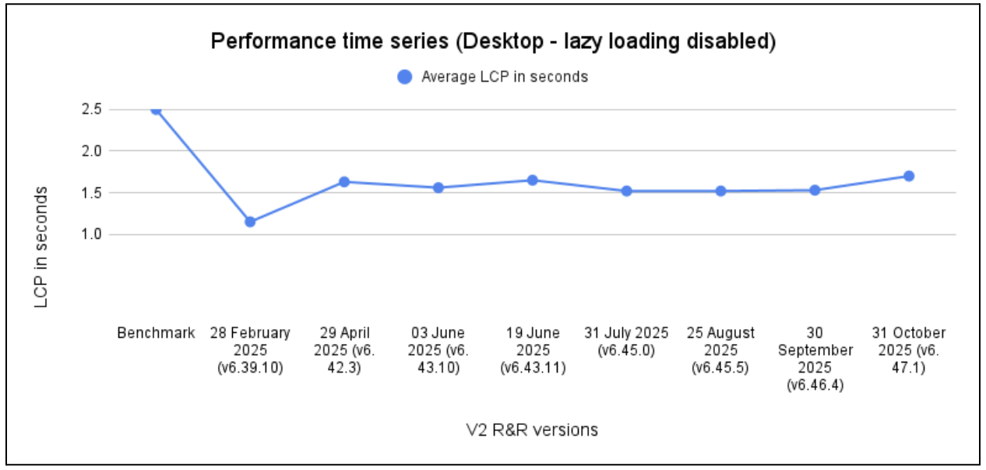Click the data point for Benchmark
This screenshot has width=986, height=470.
(x=156, y=110)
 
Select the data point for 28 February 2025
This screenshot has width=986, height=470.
(x=250, y=222)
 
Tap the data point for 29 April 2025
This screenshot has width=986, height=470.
(x=343, y=182)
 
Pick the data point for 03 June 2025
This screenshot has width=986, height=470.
(x=438, y=188)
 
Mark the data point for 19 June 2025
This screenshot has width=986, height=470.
(x=533, y=181)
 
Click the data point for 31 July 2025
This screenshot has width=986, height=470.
(x=626, y=191)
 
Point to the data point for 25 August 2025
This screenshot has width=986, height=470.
(x=720, y=191)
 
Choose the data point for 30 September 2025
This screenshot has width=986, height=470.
(x=815, y=190)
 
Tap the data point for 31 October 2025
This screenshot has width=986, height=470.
(x=908, y=176)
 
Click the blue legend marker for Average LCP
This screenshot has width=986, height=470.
(x=404, y=77)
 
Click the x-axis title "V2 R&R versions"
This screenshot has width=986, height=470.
(x=532, y=430)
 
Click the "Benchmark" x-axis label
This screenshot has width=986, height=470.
(x=156, y=333)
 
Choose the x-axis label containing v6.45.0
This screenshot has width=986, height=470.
(x=626, y=342)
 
